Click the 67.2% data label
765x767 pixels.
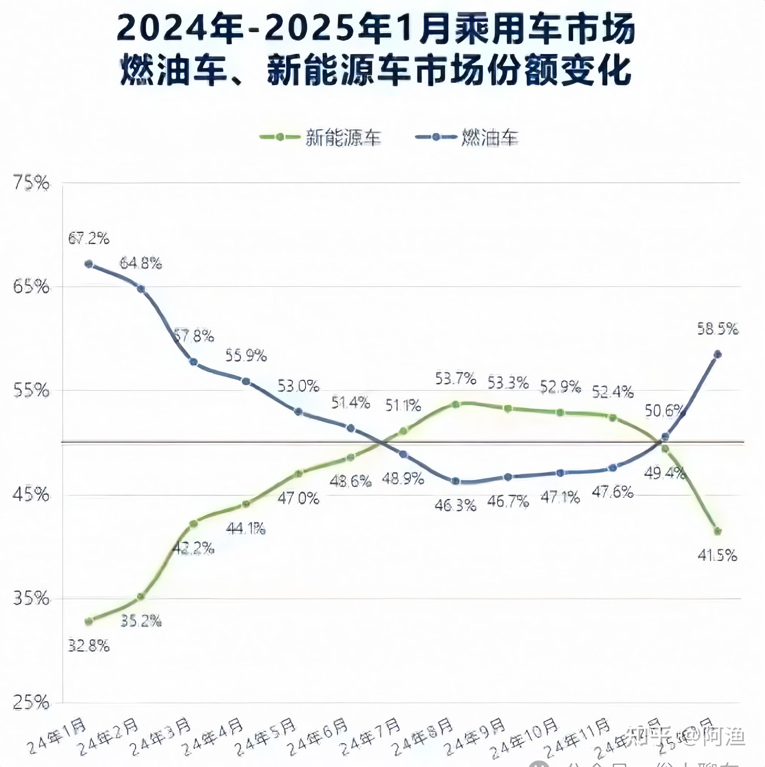[x=88, y=239]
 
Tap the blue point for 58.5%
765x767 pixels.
[x=717, y=354]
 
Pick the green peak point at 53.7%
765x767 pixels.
[x=455, y=404]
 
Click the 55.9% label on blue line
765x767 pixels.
[x=246, y=355]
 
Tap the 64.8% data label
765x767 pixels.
[x=141, y=263]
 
